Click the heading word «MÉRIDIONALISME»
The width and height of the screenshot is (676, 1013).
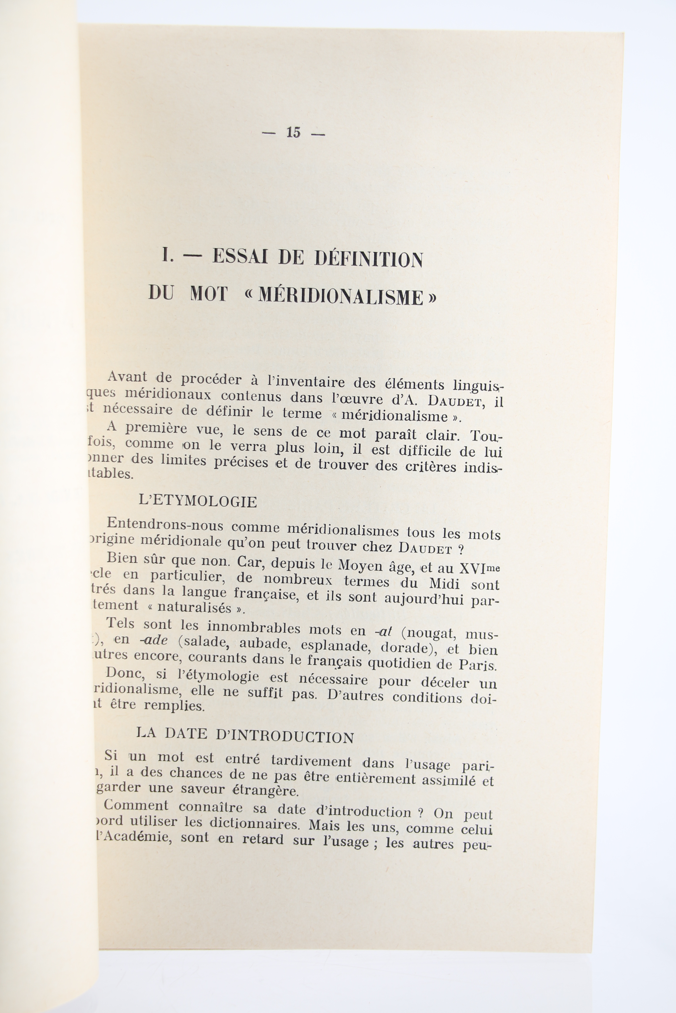click(x=340, y=298)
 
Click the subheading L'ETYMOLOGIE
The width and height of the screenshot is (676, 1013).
click(x=198, y=501)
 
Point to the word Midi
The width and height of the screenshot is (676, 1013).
click(x=444, y=584)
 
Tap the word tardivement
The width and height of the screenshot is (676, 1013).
click(x=311, y=761)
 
